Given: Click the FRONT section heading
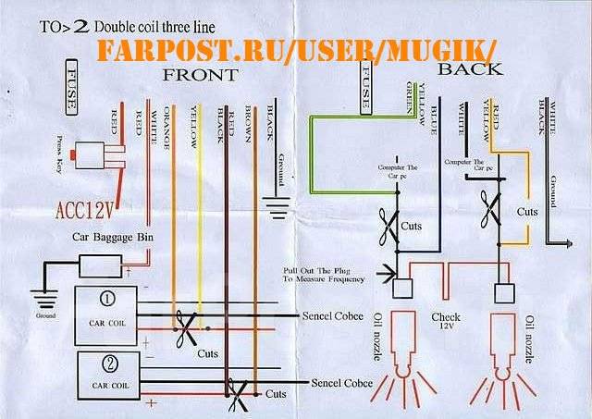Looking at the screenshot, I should coord(200,74).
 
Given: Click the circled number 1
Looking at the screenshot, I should coord(108,299).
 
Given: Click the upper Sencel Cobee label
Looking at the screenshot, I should coord(339,315).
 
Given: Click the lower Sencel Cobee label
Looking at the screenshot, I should coord(342,382).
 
